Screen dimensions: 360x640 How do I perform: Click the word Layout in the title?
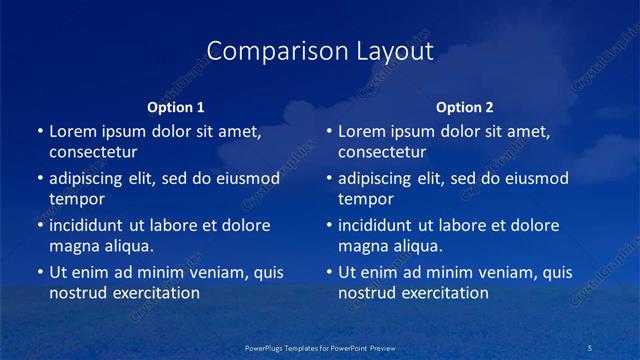tap(389, 51)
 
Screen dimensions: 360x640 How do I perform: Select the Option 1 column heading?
tap(176, 107)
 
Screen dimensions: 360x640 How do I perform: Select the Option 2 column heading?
tap(465, 107)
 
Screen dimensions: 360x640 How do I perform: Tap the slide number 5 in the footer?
tap(590, 348)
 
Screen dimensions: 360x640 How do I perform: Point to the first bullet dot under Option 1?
tap(40, 131)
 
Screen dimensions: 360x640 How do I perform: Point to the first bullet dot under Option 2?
tap(329, 131)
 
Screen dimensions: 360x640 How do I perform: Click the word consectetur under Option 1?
tap(93, 152)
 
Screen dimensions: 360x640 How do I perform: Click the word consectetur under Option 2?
tap(382, 152)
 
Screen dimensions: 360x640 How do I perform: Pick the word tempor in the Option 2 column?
tap(366, 199)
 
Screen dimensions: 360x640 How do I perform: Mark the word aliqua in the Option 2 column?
tap(415, 246)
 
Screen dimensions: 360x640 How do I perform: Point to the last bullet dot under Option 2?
tap(329, 272)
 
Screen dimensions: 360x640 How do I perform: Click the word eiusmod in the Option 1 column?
tap(247, 179)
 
